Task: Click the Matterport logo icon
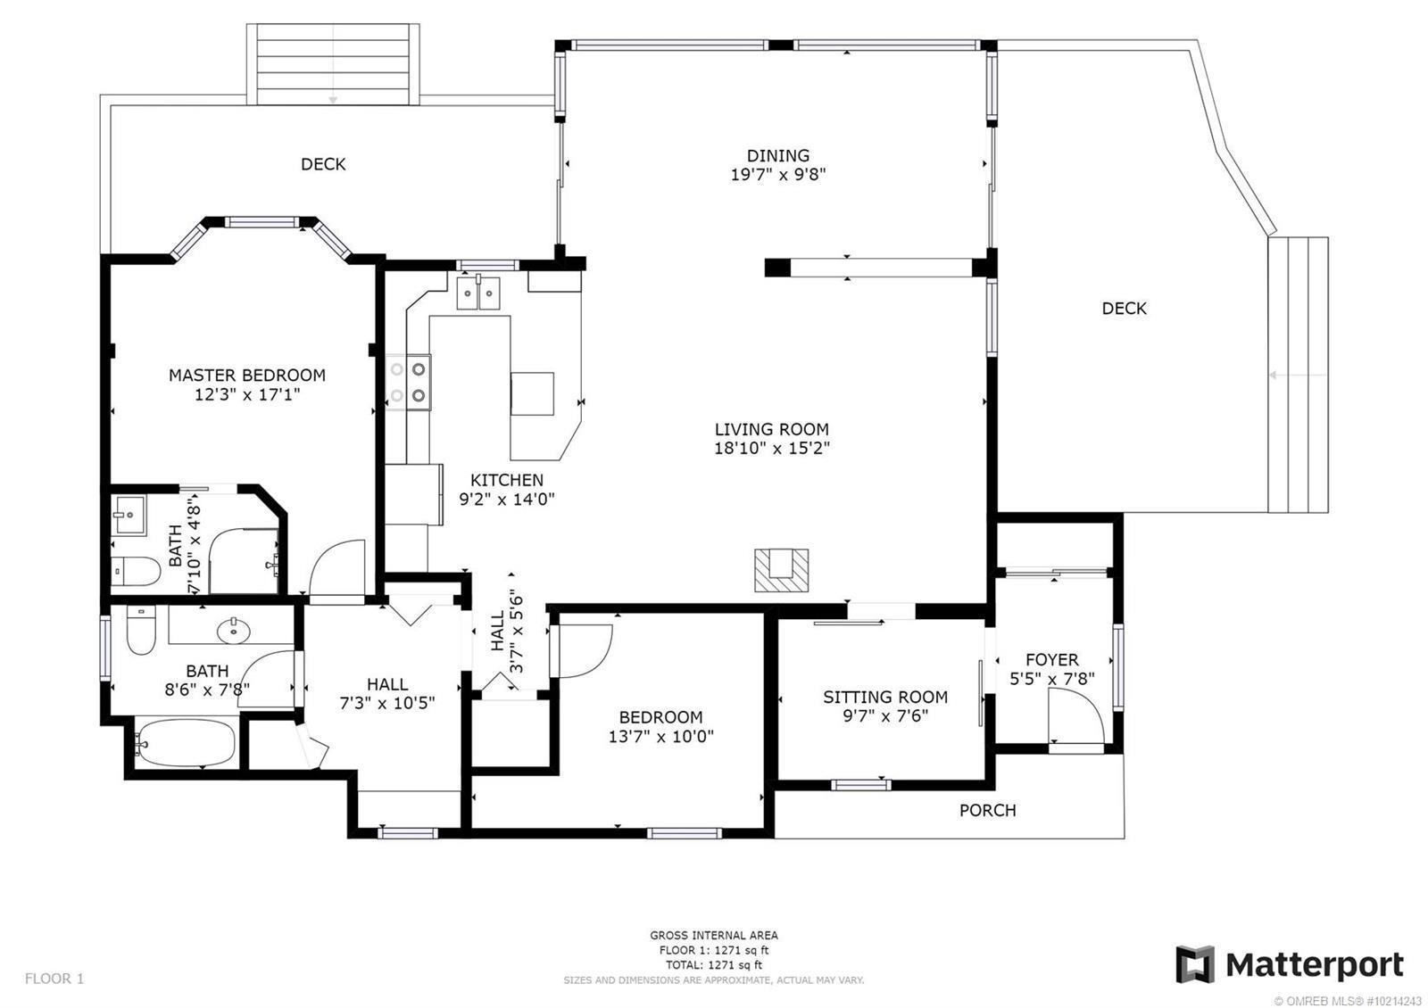1195,964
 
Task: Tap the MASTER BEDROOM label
246,376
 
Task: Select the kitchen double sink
478,293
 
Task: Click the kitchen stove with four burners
408,383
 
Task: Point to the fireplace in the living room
782,570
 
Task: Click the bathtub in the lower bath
185,743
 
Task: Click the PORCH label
987,811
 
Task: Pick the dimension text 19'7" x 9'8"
777,175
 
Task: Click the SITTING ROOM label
884,697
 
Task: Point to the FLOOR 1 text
54,979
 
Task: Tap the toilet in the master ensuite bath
136,572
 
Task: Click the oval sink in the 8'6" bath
234,631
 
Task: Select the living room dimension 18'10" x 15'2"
771,449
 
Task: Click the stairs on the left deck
333,64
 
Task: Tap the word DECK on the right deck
1124,309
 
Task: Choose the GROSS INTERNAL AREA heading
714,936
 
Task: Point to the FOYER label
1052,659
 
